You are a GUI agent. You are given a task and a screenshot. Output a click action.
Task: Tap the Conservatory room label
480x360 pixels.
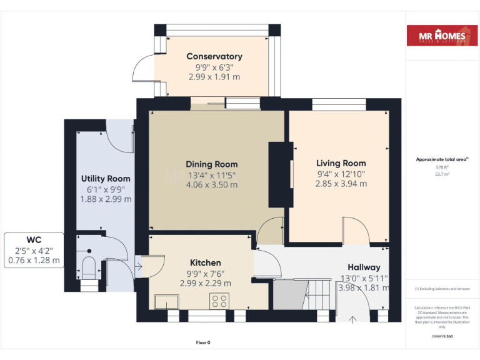pyautogui.click(x=214, y=56)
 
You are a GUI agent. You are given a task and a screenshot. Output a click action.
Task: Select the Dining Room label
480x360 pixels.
pyautogui.click(x=212, y=164)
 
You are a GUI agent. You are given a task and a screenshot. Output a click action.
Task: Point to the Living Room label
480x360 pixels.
pyautogui.click(x=341, y=163)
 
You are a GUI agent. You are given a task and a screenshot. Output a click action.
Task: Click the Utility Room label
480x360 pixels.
pyautogui.click(x=106, y=179)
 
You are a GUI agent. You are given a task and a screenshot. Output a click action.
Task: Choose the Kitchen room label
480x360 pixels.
pyautogui.click(x=205, y=262)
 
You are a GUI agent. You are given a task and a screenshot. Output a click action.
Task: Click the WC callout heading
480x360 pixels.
pyautogui.click(x=34, y=239)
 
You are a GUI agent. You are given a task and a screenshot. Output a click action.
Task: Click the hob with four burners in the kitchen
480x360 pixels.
pyautogui.click(x=220, y=301)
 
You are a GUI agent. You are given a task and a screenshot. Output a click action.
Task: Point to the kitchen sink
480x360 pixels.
pyautogui.click(x=167, y=302)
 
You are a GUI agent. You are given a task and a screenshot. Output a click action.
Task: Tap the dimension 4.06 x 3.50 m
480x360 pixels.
pyautogui.click(x=212, y=184)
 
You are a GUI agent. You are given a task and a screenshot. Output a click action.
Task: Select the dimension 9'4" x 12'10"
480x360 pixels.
pyautogui.click(x=341, y=174)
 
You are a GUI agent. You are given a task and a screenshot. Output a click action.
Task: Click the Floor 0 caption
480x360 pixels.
pyautogui.click(x=203, y=342)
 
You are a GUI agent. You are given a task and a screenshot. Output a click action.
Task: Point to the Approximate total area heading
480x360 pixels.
pyautogui.click(x=442, y=159)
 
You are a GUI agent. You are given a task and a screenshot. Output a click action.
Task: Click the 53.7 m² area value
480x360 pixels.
pyautogui.click(x=442, y=174)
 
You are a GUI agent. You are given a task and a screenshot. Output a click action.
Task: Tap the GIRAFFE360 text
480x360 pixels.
pyautogui.click(x=442, y=337)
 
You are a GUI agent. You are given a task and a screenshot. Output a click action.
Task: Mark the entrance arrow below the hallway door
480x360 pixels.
pyautogui.click(x=352, y=320)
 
